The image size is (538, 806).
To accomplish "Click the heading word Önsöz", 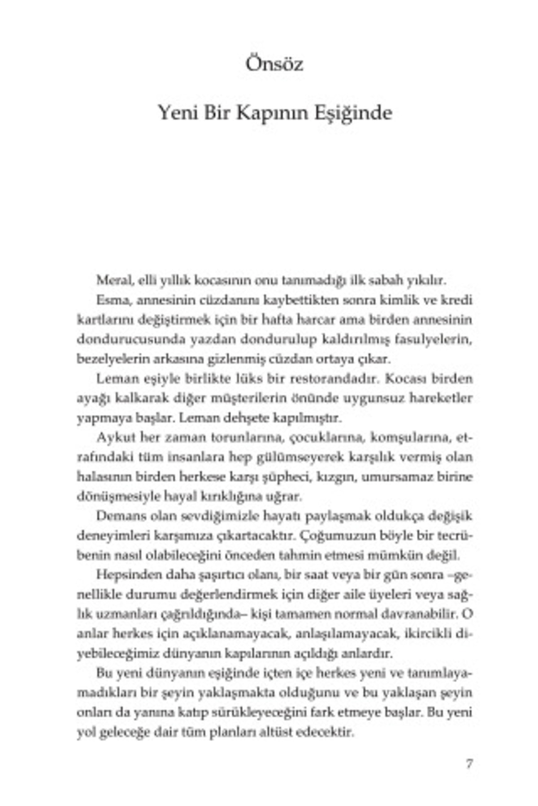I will (274, 64).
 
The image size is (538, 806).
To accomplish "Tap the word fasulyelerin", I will (434, 339).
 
